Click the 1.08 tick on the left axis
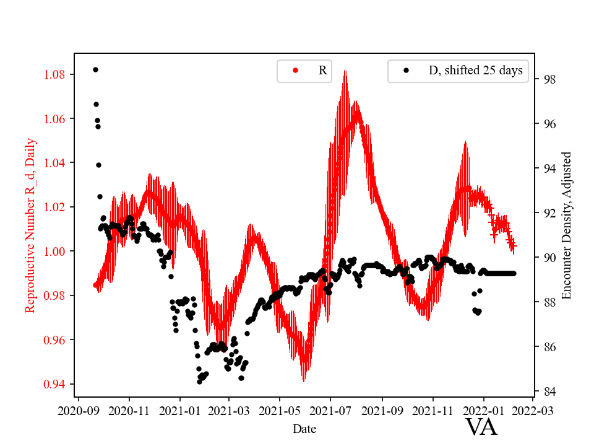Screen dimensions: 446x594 click(x=54, y=74)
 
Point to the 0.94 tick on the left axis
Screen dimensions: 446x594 click(x=54, y=384)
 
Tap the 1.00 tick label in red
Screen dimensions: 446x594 click(x=54, y=251)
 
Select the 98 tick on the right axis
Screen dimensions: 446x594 click(x=548, y=80)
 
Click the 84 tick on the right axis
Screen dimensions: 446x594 click(x=548, y=391)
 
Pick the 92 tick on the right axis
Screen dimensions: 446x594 click(x=548, y=213)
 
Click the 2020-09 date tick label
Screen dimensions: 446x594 click(x=79, y=410)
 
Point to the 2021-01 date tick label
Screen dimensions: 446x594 click(x=180, y=410)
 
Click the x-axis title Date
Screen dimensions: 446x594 click(x=305, y=428)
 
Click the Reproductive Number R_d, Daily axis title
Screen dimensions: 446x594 click(x=30, y=225)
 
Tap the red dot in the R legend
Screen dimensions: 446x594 click(x=295, y=71)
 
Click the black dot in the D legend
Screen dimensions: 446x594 click(x=407, y=71)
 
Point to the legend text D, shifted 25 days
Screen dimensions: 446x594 click(x=475, y=71)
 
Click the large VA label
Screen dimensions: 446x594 click(x=481, y=427)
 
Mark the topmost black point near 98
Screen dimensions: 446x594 click(x=95, y=69)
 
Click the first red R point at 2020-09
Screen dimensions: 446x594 click(x=95, y=285)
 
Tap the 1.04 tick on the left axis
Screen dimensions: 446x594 click(x=54, y=163)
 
